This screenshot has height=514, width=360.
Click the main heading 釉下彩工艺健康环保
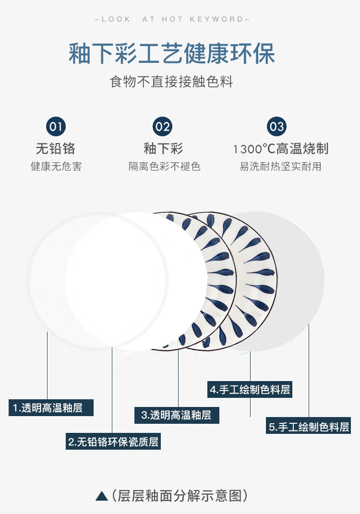coord(172,54)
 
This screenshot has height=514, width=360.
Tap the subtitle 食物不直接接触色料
coord(171,82)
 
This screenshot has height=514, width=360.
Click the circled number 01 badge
coord(56,127)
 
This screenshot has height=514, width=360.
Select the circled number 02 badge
coord(163,127)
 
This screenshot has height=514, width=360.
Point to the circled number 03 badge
coord(277,127)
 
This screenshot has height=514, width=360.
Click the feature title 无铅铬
coord(56,148)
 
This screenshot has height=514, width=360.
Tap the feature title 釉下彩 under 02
coord(163,148)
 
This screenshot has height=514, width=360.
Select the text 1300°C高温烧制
coord(281,149)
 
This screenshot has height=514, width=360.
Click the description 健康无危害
coord(56,167)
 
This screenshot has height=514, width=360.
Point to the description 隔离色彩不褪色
coord(164,167)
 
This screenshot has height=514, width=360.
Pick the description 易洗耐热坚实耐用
coord(280,167)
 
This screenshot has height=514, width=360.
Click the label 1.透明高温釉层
coord(51,408)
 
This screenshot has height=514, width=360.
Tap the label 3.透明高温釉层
coord(177,415)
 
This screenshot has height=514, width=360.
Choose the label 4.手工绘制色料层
coord(250,390)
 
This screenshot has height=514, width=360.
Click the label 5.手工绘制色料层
coord(309,426)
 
